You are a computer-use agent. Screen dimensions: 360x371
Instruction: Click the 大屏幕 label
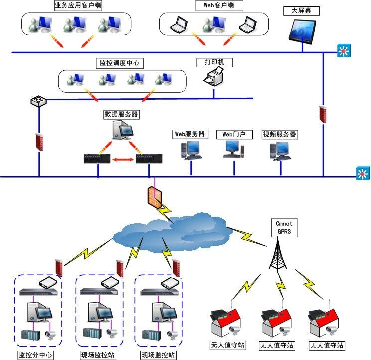point(302,11)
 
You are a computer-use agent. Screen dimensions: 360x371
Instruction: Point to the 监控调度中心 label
point(119,63)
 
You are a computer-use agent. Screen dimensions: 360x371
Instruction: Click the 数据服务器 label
point(121,114)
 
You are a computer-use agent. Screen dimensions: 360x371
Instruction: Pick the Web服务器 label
point(190,134)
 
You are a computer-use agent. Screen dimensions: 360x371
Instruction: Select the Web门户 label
point(234,134)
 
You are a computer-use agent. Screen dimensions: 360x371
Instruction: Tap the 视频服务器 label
point(280,134)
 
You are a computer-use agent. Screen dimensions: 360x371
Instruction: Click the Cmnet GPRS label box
point(284,228)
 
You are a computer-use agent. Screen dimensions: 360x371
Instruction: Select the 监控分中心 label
point(36,355)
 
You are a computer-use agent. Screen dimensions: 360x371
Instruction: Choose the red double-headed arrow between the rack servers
point(122,160)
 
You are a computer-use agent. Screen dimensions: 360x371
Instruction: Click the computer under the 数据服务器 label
point(122,131)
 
